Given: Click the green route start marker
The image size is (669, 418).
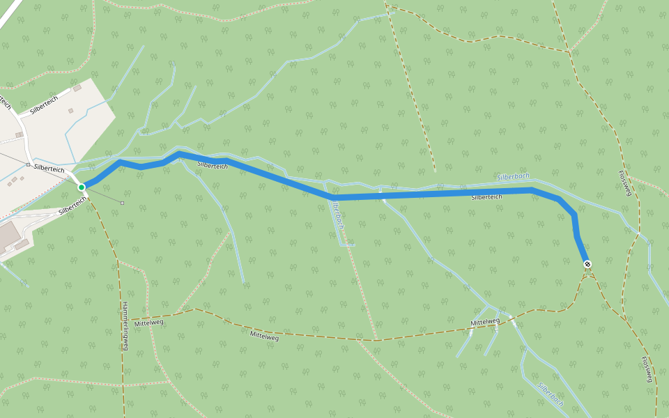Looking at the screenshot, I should point(82,187).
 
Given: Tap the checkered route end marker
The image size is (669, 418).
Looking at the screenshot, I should point(587,264).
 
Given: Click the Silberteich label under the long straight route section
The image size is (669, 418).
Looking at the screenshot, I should point(486,197).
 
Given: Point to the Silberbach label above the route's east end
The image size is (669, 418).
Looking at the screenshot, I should point(514,177).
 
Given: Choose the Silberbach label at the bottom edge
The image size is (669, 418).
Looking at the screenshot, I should point(551,394).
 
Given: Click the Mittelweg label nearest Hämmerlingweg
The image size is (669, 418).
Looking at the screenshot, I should point(148,323).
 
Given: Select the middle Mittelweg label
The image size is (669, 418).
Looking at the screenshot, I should point(264,336).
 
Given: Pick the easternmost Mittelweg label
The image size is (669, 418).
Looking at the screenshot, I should point(485,322).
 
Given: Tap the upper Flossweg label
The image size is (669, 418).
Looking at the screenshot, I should point(624,183).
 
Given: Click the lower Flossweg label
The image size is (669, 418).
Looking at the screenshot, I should point(647,369).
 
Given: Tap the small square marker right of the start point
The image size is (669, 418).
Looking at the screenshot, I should point(122,203).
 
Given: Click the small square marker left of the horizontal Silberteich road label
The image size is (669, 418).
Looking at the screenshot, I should point(28,165).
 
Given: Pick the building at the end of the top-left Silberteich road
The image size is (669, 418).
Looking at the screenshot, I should point(77,88).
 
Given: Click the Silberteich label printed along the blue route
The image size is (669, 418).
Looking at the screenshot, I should point(213,165).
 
